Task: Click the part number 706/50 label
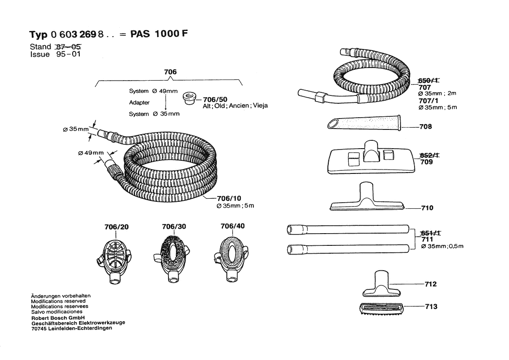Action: click(216, 99)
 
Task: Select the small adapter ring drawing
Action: click(189, 98)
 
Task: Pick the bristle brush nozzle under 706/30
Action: click(172, 258)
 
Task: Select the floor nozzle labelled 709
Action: click(369, 157)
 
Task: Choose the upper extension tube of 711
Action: click(348, 229)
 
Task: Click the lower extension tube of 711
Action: click(348, 250)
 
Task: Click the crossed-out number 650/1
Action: click(428, 81)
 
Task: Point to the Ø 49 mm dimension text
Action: click(91, 153)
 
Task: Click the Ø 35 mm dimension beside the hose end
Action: click(76, 129)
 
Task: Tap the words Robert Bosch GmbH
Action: click(58, 318)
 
